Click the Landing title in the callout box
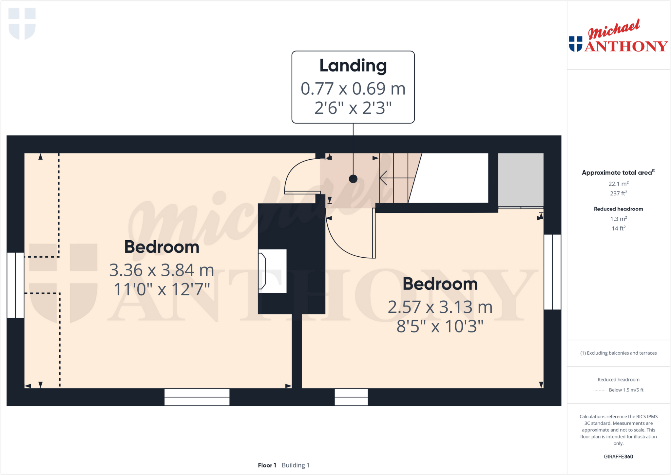pyautogui.click(x=353, y=66)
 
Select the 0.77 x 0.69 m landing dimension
pyautogui.click(x=353, y=89)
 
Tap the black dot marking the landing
pyautogui.click(x=353, y=179)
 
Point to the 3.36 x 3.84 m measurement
pyautogui.click(x=162, y=270)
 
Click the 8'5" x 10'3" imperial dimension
pyautogui.click(x=440, y=326)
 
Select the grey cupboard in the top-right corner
pyautogui.click(x=521, y=180)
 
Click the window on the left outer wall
pyautogui.click(x=15, y=285)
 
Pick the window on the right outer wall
pyautogui.click(x=552, y=272)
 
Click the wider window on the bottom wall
pyautogui.click(x=197, y=397)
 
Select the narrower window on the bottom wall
pyautogui.click(x=351, y=397)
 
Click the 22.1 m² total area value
pyautogui.click(x=618, y=184)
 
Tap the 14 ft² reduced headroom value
pyautogui.click(x=618, y=228)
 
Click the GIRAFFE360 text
pyautogui.click(x=618, y=456)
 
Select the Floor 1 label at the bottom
pyautogui.click(x=267, y=465)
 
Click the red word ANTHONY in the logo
pyautogui.click(x=626, y=47)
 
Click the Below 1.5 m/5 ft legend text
pyautogui.click(x=626, y=390)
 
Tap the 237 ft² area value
pyautogui.click(x=618, y=193)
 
